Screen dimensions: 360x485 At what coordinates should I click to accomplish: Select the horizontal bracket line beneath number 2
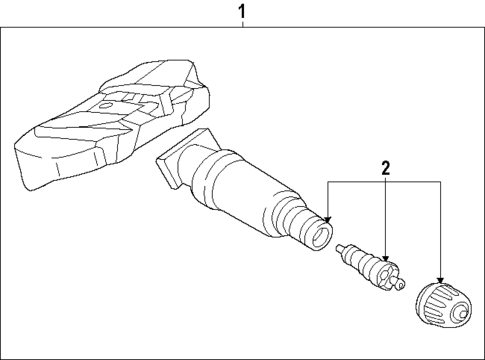click(x=385, y=181)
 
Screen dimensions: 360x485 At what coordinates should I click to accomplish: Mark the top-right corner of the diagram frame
click(x=483, y=31)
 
